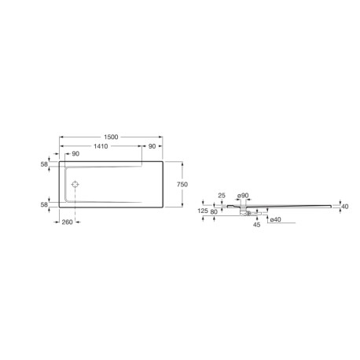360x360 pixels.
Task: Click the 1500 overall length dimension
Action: tap(111, 138)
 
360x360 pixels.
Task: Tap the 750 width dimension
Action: tap(182, 183)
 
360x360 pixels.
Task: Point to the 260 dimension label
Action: tap(68, 222)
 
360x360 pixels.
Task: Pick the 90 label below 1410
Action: tap(75, 155)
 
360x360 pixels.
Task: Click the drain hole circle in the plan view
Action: tap(75, 184)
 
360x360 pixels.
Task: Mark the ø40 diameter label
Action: tap(276, 220)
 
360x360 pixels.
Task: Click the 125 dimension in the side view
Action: tap(204, 211)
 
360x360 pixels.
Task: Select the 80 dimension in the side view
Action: tap(215, 211)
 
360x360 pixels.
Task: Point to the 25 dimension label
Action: tap(222, 195)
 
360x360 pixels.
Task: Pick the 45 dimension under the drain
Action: tap(256, 224)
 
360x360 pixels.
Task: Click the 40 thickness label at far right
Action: tap(344, 207)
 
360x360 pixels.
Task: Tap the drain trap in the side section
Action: tap(246, 210)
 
